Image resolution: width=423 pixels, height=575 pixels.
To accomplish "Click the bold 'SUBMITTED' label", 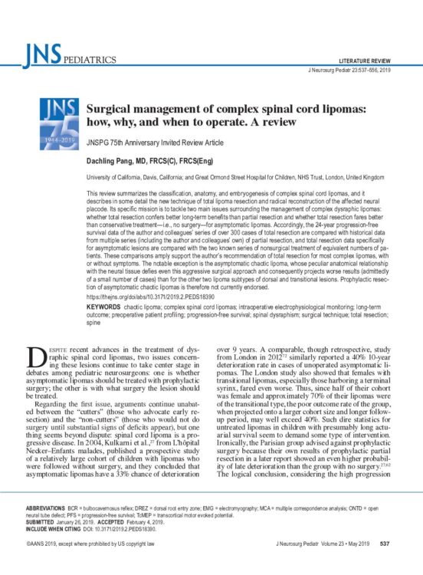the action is [x=41, y=521].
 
